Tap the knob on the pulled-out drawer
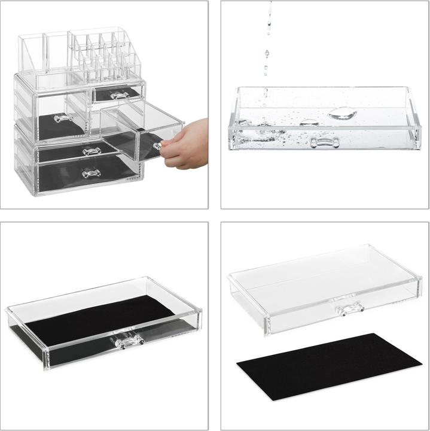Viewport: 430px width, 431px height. click(x=157, y=145)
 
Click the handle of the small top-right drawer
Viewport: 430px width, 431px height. click(x=120, y=95)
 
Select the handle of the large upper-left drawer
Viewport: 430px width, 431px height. click(x=63, y=118)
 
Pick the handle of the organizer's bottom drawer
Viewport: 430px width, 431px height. click(x=91, y=174)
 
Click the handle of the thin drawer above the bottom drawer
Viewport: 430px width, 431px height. click(x=91, y=151)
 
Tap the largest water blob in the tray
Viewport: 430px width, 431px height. click(x=343, y=113)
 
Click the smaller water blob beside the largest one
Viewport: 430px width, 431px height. click(x=309, y=122)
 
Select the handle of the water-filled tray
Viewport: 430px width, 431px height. click(x=325, y=142)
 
